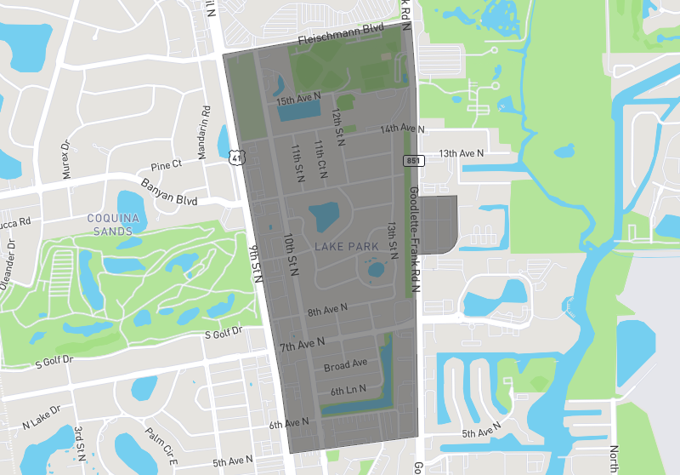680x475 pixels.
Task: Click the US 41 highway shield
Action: tap(236, 157)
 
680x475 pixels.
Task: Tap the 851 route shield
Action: tap(411, 160)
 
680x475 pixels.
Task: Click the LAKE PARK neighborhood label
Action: tap(346, 247)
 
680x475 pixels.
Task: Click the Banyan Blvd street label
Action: tap(169, 192)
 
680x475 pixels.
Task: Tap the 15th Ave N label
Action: tap(298, 100)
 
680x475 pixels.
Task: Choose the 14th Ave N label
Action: tap(402, 129)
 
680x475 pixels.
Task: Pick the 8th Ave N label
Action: tap(329, 312)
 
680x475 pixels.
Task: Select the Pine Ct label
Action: tap(166, 164)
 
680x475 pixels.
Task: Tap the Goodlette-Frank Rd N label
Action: tap(414, 239)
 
